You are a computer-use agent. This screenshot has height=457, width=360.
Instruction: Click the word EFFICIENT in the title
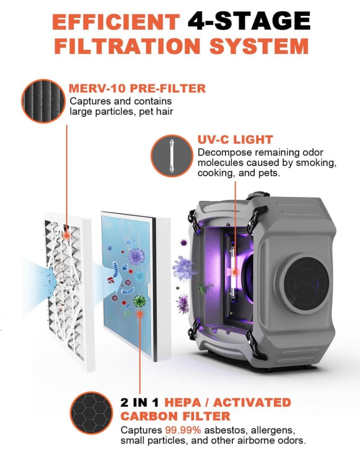116,22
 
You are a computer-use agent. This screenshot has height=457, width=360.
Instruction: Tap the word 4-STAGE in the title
249,21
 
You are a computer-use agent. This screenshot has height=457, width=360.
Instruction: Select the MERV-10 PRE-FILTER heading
137,88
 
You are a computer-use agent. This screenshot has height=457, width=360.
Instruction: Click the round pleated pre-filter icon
44,101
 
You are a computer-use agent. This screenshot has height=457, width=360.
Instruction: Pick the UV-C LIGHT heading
235,139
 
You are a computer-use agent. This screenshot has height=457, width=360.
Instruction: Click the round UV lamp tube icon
172,156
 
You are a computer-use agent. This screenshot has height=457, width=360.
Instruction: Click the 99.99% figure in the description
183,430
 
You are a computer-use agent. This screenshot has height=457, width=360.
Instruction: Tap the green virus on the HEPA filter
139,301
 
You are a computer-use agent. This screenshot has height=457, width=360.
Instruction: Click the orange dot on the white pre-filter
67,235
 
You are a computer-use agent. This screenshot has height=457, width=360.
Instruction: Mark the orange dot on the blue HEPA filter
140,314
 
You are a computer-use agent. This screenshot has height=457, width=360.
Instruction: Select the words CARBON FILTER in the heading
175,416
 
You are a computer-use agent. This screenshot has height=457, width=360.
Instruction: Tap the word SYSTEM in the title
259,46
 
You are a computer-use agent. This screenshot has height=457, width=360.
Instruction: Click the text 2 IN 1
139,403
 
